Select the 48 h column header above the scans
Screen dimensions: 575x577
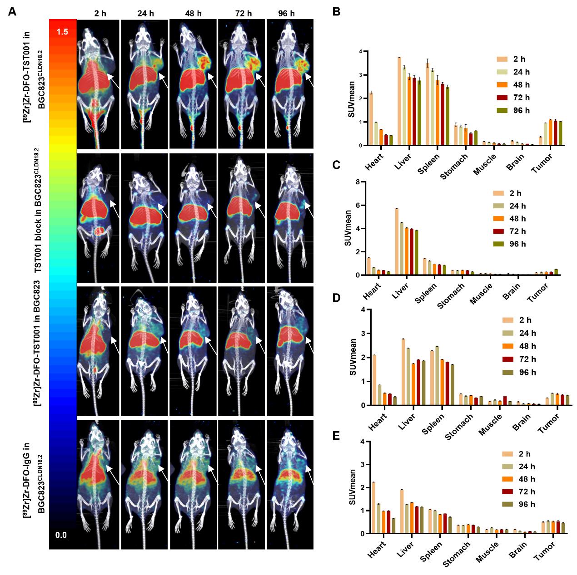click(x=194, y=14)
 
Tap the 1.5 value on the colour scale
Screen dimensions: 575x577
click(x=62, y=32)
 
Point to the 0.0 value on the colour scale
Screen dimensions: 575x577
click(x=61, y=535)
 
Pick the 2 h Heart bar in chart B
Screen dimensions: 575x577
click(x=371, y=119)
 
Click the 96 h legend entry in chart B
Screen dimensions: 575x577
click(x=511, y=110)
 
